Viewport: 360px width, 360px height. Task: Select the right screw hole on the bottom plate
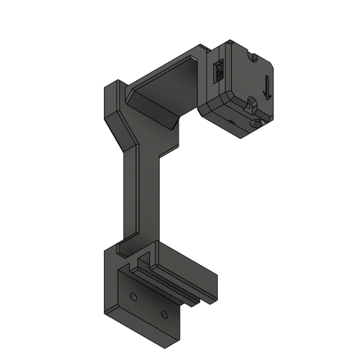165,314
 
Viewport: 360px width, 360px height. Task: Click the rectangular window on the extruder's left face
218,70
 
